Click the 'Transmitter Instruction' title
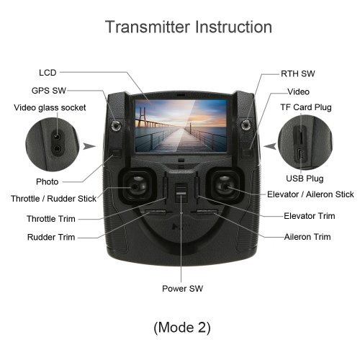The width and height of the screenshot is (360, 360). tap(189, 27)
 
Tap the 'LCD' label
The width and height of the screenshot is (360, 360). tap(48, 73)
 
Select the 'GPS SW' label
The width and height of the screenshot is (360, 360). tap(49, 91)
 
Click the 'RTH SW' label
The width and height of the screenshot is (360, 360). tap(298, 73)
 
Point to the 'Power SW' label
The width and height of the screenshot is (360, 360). tap(182, 288)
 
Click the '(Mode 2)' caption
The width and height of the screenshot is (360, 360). tap(182, 328)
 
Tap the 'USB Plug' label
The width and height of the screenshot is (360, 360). tap(305, 179)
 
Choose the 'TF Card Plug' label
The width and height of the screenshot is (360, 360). tap(306, 107)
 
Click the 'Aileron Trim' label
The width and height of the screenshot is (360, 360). tap(307, 237)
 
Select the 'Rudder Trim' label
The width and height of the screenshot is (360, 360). tap(51, 237)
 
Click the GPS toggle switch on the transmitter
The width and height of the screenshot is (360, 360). tap(116, 126)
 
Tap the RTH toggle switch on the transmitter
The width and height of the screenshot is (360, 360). tap(246, 125)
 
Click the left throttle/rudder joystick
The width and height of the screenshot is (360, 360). tap(138, 186)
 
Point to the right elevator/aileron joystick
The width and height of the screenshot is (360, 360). tap(225, 186)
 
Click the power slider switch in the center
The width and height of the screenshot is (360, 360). tap(181, 192)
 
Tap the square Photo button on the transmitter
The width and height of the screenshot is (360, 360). tap(115, 153)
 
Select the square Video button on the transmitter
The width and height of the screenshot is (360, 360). tap(247, 153)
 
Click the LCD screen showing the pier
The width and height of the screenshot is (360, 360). tap(181, 126)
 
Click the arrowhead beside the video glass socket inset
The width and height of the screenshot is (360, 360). tap(89, 146)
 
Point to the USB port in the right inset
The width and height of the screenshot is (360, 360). tap(300, 155)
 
